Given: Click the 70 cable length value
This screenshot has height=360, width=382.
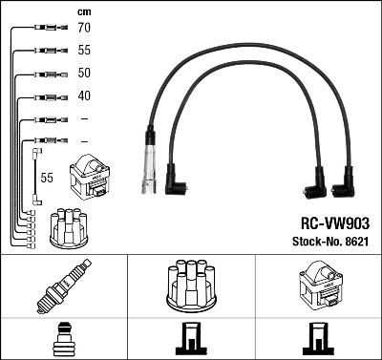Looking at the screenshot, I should coord(84,30).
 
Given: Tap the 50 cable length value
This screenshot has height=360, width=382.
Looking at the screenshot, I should coord(84,74).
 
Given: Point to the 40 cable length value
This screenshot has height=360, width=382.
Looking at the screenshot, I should coord(84,95).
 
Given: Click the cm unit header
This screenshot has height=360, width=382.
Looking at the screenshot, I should coord(83,11).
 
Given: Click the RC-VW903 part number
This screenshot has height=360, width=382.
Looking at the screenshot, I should coord(329,221).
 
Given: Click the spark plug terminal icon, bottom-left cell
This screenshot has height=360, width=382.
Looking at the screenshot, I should coord(63,339).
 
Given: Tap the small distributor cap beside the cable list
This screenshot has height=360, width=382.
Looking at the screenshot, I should coord(67,225).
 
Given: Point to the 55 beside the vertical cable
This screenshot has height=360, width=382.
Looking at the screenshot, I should coord(47,178).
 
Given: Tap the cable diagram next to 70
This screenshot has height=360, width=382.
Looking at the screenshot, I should coord(45,30).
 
